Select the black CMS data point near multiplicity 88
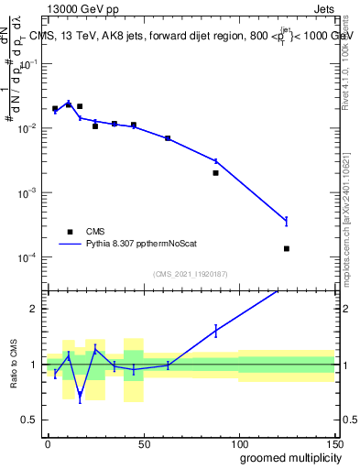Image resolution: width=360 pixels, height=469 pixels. point(215,172)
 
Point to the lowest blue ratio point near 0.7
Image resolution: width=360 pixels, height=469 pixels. point(80,397)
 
